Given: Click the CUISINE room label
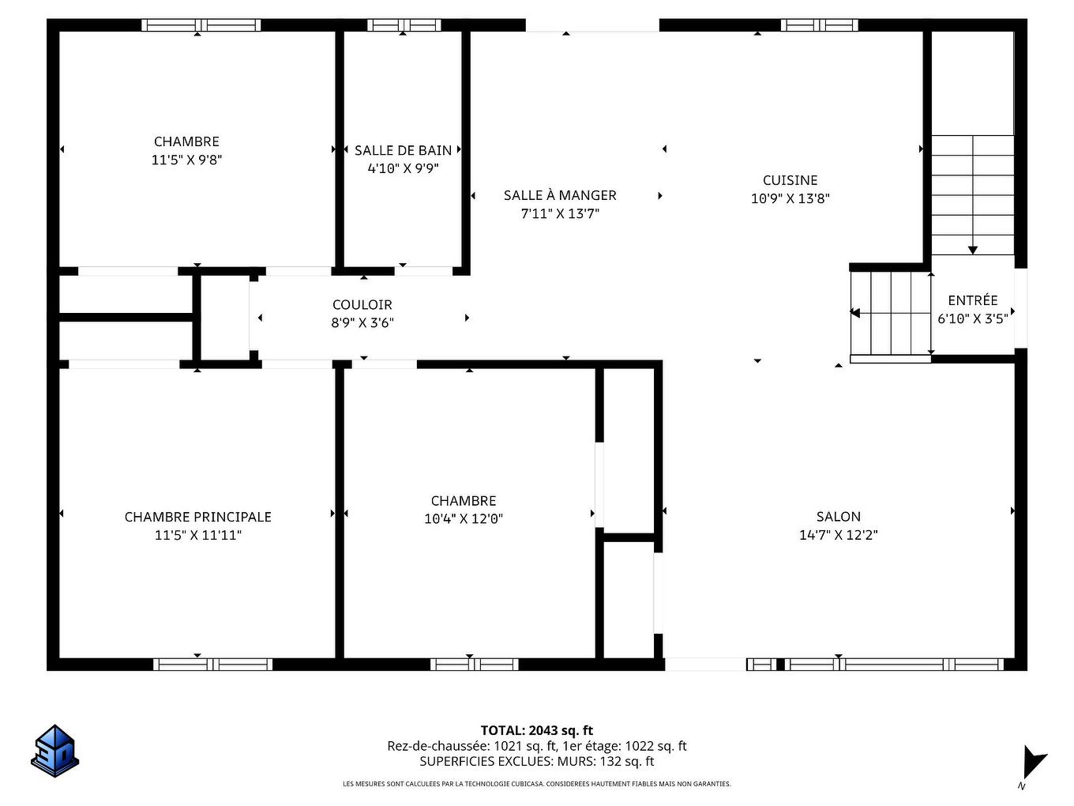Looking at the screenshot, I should click(790, 180).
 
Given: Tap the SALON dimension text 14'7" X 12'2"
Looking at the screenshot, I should click(838, 535).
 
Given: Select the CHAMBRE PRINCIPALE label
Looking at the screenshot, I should click(197, 517).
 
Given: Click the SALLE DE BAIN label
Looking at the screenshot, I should click(403, 150).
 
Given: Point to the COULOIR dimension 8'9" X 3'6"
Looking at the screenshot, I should click(362, 322).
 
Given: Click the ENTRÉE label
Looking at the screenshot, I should click(972, 300).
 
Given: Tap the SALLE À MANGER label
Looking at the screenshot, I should click(560, 195).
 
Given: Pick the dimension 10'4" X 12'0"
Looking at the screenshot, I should click(464, 519).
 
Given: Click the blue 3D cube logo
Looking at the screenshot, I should click(54, 751).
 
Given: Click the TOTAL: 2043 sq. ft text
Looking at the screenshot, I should click(536, 730).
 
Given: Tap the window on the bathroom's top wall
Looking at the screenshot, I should click(404, 25).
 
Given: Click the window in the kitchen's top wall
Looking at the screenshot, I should click(819, 25).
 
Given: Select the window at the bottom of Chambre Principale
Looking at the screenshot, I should click(212, 664).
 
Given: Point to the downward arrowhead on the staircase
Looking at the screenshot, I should click(972, 250).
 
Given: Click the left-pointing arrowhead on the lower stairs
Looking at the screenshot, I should click(854, 313).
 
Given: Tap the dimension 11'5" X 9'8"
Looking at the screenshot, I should click(186, 160).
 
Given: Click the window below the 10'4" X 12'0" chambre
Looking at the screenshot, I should click(474, 664).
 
